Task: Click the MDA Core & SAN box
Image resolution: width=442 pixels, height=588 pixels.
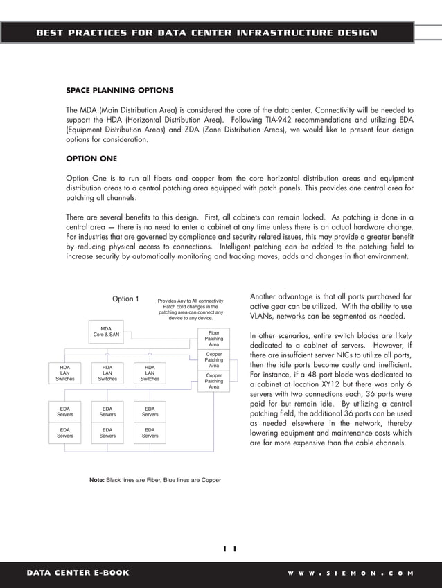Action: coord(106,332)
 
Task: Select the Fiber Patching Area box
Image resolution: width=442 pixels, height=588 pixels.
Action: coord(213,338)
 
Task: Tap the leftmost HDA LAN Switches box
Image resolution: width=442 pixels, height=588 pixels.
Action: coord(64,373)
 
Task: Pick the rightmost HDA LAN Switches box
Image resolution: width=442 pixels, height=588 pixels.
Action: coord(150,373)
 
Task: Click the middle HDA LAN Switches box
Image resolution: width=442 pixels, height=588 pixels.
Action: coord(107,373)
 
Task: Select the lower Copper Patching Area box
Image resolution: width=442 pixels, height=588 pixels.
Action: coord(213,381)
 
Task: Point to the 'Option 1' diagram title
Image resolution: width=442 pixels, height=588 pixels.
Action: coord(125,299)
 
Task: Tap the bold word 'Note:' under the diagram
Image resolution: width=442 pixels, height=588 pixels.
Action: coord(96,479)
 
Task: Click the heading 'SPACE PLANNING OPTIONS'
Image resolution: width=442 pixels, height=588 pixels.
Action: coord(119,91)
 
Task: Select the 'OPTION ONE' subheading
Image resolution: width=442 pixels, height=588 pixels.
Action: coord(91,159)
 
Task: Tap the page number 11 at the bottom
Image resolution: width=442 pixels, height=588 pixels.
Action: coord(229,549)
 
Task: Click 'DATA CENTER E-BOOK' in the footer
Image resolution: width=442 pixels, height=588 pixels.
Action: coord(78,573)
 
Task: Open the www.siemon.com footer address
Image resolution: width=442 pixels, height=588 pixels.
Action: coord(351,573)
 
